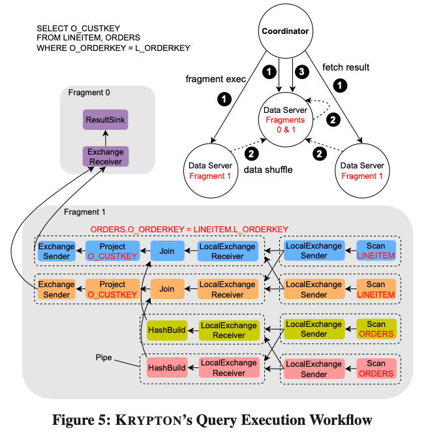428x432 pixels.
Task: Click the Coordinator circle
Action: pyautogui.click(x=285, y=31)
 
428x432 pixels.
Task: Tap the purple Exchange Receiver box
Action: pyautogui.click(x=105, y=156)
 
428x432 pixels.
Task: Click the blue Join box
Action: pyautogui.click(x=166, y=251)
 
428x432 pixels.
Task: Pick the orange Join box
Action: pyautogui.click(x=166, y=289)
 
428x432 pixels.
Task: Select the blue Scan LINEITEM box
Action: pyautogui.click(x=375, y=251)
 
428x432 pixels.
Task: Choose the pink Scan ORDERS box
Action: pyautogui.click(x=375, y=368)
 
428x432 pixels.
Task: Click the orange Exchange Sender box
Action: pyautogui.click(x=55, y=289)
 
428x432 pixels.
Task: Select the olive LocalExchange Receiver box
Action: pyautogui.click(x=228, y=330)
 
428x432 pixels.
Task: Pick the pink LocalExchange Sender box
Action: pyautogui.click(x=314, y=368)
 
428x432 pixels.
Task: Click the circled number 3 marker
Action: pyautogui.click(x=300, y=70)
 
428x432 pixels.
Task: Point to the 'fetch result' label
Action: pyautogui.click(x=345, y=67)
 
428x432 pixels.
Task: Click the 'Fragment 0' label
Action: pyautogui.click(x=89, y=93)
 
